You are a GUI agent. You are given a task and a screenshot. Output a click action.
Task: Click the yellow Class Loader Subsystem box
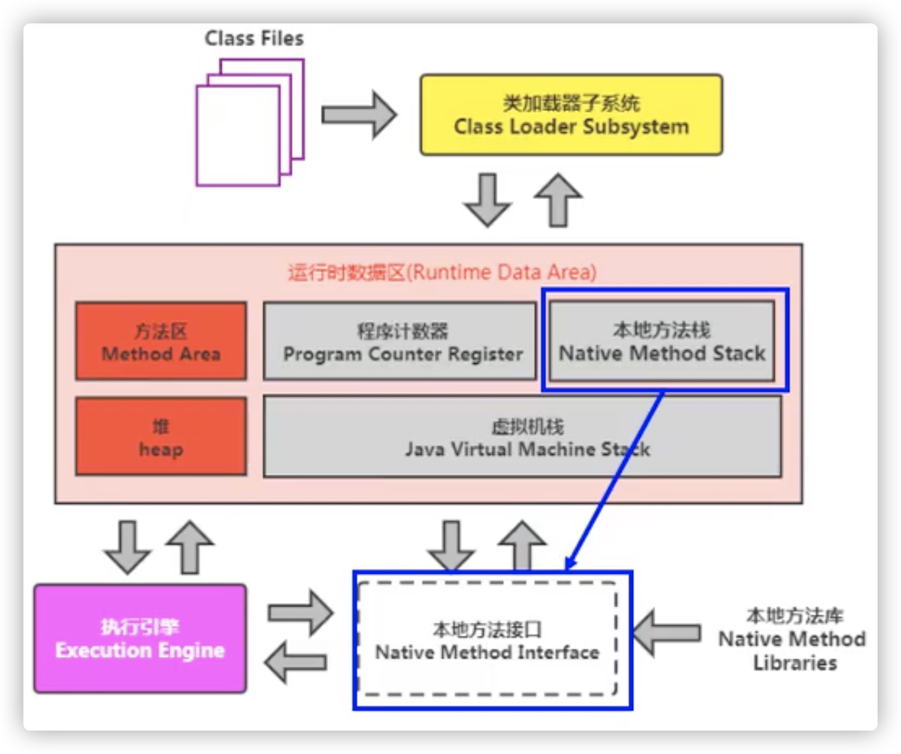(x=571, y=115)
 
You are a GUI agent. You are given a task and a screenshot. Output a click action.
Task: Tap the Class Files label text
(x=254, y=38)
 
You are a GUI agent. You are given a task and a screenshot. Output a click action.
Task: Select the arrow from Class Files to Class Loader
(x=359, y=115)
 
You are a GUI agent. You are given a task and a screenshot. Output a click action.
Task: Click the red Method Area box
(x=161, y=341)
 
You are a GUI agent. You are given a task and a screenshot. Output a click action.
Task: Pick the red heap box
(x=161, y=437)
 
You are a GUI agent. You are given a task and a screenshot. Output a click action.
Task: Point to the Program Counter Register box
(x=400, y=341)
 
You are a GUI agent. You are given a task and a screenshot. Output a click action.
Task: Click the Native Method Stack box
(x=662, y=341)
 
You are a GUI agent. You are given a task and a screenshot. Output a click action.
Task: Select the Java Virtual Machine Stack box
(x=522, y=437)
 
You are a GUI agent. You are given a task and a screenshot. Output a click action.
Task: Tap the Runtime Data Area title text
(x=442, y=272)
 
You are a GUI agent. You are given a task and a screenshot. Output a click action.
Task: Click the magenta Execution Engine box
(x=140, y=639)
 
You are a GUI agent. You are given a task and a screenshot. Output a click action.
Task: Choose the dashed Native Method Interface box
(x=488, y=640)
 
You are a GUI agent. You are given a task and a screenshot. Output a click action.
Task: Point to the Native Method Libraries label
(x=792, y=639)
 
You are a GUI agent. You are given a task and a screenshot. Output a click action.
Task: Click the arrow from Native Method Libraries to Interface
(x=666, y=632)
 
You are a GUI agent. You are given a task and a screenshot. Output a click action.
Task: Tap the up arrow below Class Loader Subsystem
(x=558, y=200)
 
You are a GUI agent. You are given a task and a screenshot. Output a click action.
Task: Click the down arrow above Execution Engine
(x=127, y=547)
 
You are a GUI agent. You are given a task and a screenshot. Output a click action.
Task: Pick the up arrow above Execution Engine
(x=189, y=547)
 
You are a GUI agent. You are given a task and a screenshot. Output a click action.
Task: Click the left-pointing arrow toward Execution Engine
(x=296, y=662)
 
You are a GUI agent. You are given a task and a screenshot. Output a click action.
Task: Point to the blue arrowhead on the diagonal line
(x=571, y=564)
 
